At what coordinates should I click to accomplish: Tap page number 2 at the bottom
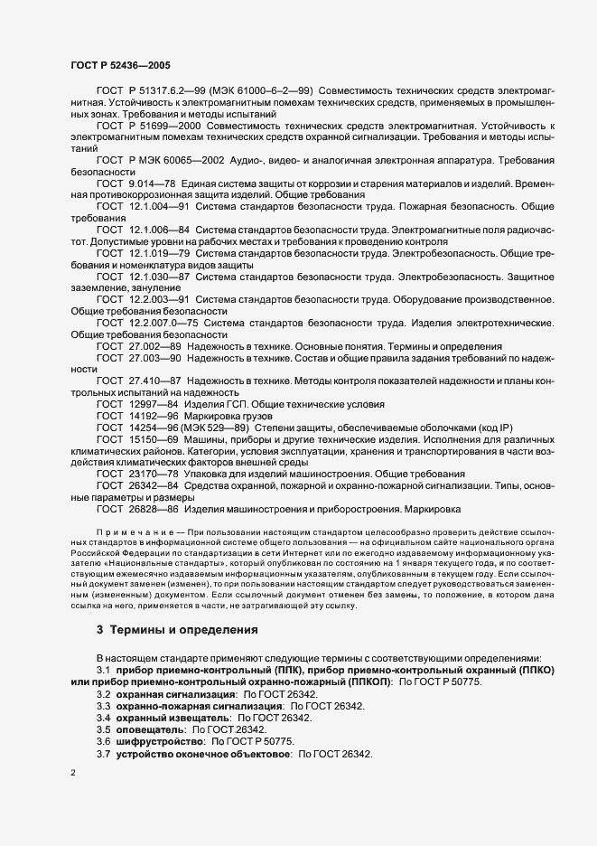72,775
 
